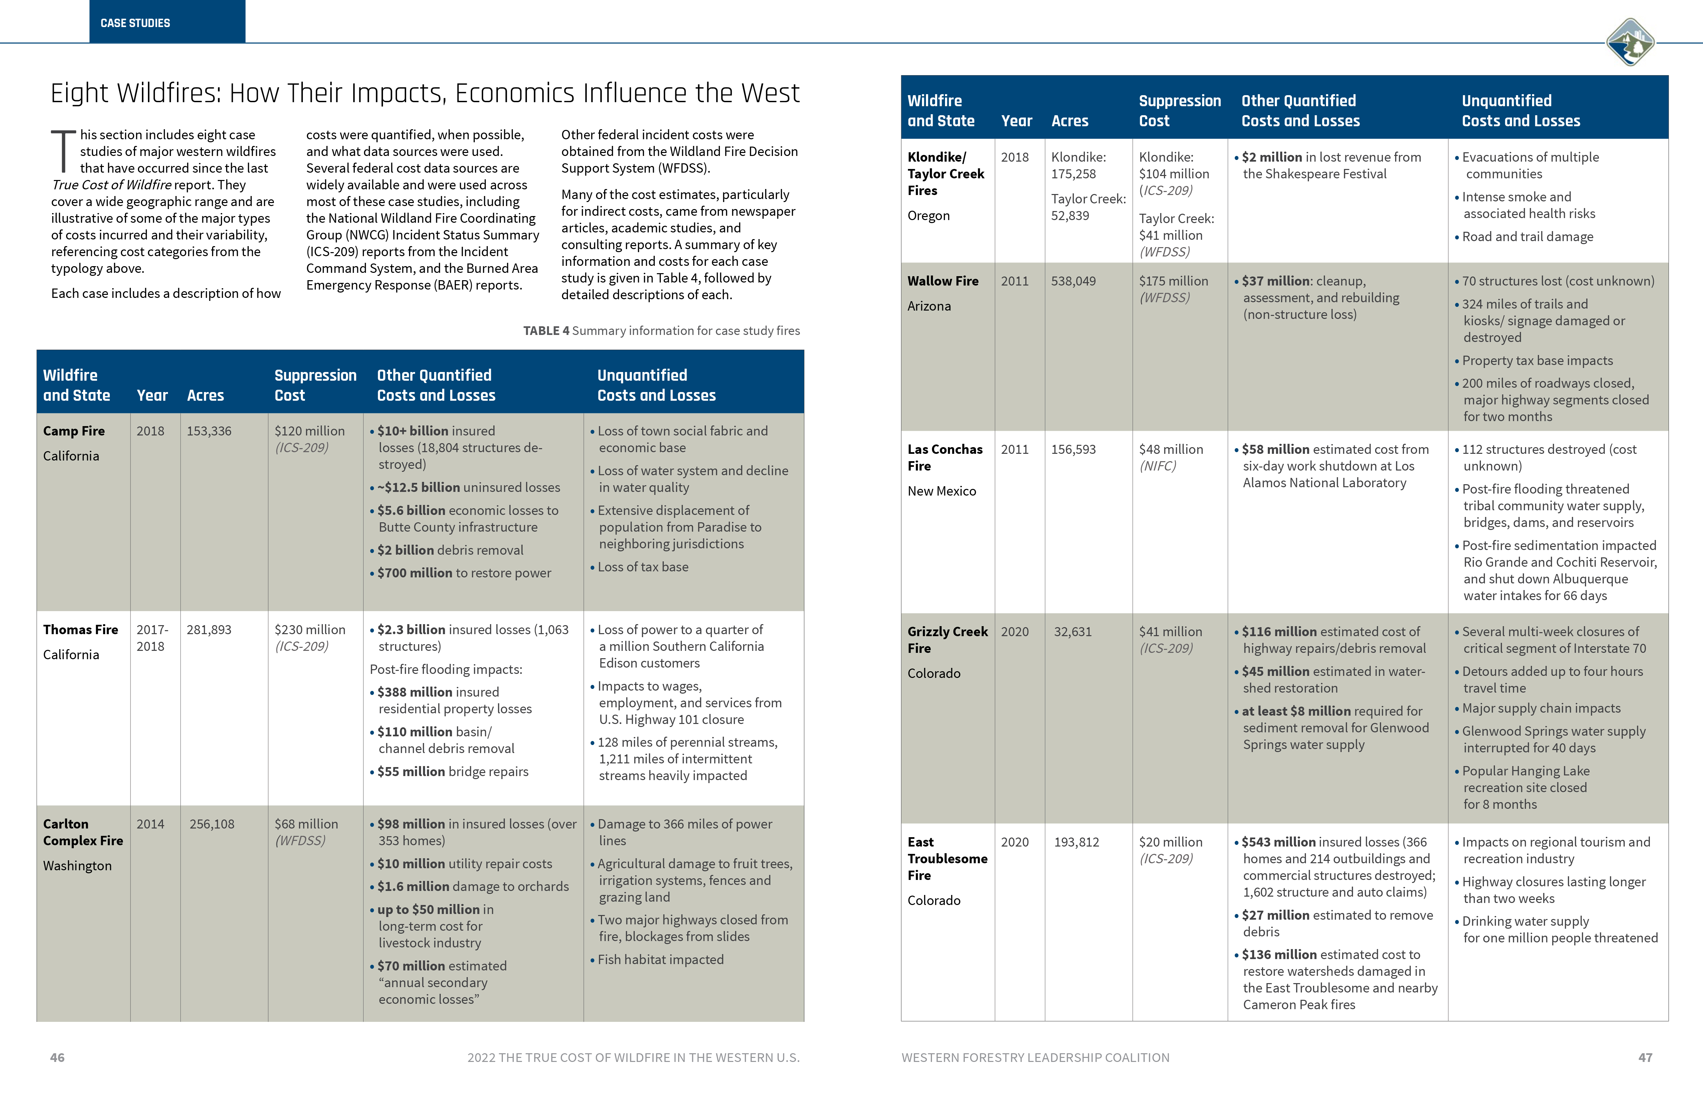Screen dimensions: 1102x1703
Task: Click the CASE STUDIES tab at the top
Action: coord(135,23)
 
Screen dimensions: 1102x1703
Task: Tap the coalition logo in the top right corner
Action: coord(1630,41)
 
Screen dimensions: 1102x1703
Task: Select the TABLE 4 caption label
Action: coord(546,331)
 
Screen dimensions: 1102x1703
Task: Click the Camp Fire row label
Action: coord(74,431)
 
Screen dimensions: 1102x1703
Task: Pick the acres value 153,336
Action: coord(209,431)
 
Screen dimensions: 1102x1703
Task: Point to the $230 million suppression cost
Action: coord(310,630)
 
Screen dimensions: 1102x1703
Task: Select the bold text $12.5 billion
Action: coord(421,487)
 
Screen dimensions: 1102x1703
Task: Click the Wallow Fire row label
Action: coord(942,281)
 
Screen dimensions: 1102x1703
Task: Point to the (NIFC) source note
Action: coord(1158,466)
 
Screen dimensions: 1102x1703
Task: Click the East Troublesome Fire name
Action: coord(947,859)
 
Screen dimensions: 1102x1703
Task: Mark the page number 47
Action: coord(1645,1058)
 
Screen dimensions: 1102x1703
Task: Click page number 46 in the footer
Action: coord(57,1058)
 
